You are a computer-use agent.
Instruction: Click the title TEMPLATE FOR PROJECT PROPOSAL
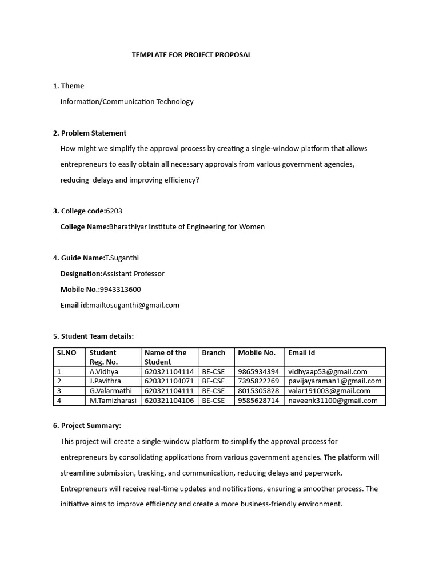click(191, 55)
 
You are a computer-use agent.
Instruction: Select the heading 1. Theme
click(69, 86)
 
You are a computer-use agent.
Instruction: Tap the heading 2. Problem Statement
click(90, 133)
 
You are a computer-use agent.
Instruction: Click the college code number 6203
click(114, 211)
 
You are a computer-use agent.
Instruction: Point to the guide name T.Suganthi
click(122, 258)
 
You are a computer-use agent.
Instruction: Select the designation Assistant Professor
click(133, 274)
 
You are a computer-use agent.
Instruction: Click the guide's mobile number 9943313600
click(120, 289)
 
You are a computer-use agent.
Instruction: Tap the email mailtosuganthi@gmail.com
click(134, 305)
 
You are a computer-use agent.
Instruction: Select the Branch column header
click(214, 353)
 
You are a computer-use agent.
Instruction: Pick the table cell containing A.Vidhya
click(104, 371)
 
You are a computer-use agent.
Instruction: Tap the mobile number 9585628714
click(258, 401)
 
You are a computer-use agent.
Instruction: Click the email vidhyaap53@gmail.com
click(328, 371)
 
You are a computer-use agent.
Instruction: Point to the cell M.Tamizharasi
click(113, 401)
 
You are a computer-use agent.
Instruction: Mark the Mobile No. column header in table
click(257, 353)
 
